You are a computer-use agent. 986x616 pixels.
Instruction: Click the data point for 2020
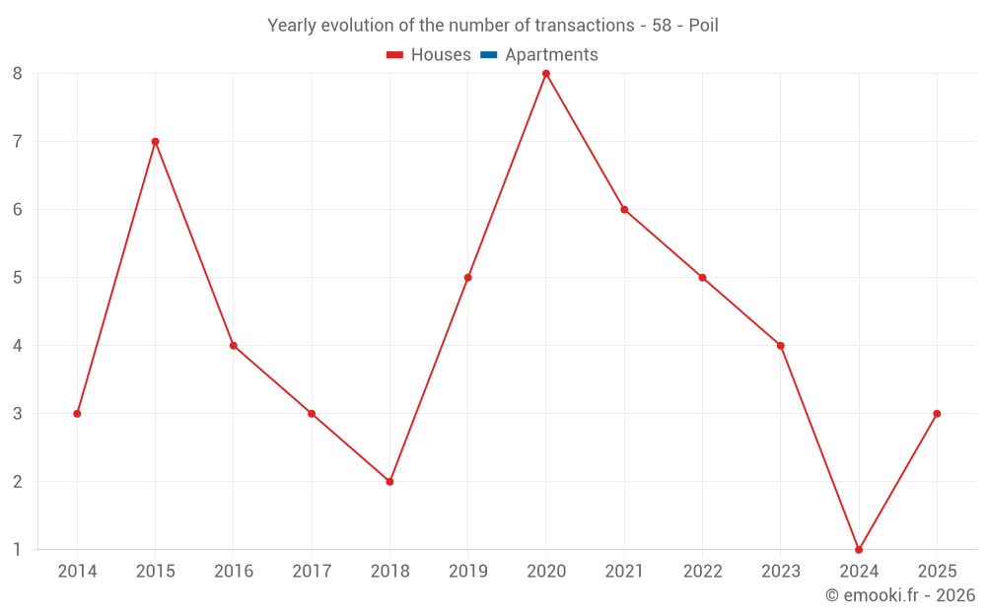[x=546, y=74]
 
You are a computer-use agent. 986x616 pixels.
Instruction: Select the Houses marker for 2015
[x=155, y=142]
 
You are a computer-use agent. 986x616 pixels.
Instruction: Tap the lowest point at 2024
[x=859, y=549]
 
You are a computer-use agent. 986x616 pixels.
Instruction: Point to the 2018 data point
[x=389, y=481]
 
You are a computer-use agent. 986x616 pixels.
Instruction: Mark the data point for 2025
[x=937, y=414]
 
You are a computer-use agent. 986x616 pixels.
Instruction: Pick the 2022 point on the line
[x=702, y=278]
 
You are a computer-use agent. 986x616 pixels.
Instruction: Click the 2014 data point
[x=77, y=414]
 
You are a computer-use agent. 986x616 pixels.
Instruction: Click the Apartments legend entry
[x=551, y=55]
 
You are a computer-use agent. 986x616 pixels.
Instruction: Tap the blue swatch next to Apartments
[x=489, y=55]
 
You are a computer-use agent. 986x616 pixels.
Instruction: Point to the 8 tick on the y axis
[x=18, y=74]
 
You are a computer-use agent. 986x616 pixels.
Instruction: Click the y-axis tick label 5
[x=18, y=278]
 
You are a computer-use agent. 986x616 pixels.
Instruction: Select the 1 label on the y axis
[x=18, y=549]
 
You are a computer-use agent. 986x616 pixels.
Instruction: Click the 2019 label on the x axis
[x=467, y=572]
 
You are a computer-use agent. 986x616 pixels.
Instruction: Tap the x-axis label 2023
[x=781, y=572]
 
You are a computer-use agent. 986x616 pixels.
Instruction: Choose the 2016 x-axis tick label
[x=234, y=572]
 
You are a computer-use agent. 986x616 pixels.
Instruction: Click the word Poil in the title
[x=703, y=26]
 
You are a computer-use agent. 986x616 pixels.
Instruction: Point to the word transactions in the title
[x=582, y=26]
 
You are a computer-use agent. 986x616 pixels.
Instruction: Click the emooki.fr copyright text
[x=900, y=595]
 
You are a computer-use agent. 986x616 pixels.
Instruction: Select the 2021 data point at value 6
[x=624, y=210]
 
